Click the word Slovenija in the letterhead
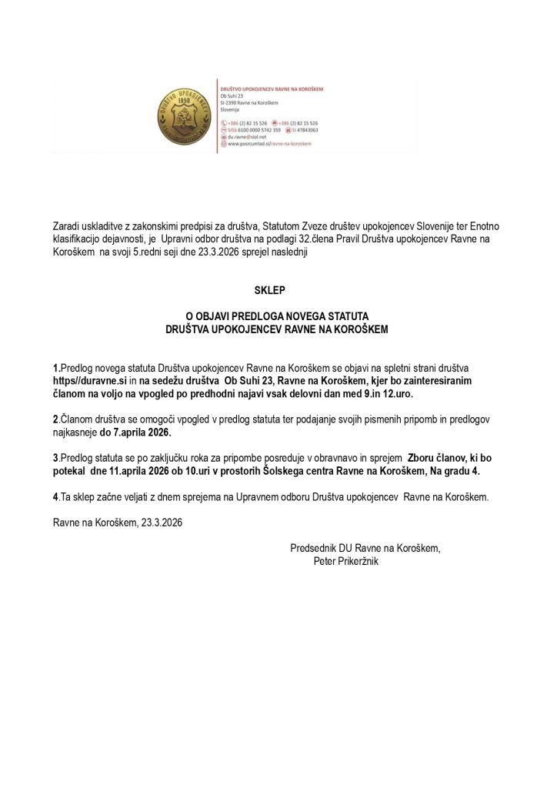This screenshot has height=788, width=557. pos(232,110)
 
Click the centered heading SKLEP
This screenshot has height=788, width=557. pos(278,291)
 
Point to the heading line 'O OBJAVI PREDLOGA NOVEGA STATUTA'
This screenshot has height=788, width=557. pos(278,316)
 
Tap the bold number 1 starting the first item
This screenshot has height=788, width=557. pos(55,369)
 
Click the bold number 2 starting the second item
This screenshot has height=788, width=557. pos(55,421)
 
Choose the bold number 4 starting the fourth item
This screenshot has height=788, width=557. pos(55,498)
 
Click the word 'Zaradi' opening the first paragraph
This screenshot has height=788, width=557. pos(66,225)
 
